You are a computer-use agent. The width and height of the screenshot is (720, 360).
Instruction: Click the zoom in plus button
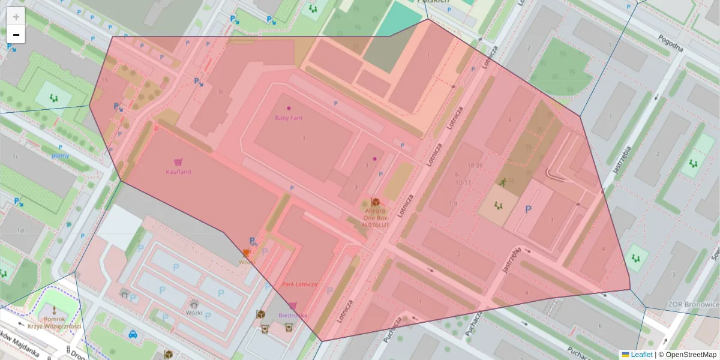coord(16,16)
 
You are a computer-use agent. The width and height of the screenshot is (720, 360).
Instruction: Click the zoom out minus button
coord(16,35)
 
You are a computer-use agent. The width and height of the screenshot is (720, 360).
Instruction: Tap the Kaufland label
coord(178,172)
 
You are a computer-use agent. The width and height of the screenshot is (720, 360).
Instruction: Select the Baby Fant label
coord(289,118)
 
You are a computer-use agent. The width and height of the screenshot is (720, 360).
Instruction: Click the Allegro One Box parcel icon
coord(376,202)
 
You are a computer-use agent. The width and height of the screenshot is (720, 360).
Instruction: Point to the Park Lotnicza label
coord(300,284)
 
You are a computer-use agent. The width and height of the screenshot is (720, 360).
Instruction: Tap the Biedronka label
coord(293,315)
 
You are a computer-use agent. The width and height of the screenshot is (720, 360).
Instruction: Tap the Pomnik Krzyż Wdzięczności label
coord(54,323)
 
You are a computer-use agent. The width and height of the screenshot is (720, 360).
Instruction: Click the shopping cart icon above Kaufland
coord(178,162)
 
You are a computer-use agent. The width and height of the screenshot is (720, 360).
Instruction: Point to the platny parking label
coord(60,155)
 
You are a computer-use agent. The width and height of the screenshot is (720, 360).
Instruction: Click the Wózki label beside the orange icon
coord(247,262)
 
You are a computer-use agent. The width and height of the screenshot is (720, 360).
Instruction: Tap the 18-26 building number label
coord(475,165)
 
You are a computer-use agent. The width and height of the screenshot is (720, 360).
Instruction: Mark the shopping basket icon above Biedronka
coord(293,306)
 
